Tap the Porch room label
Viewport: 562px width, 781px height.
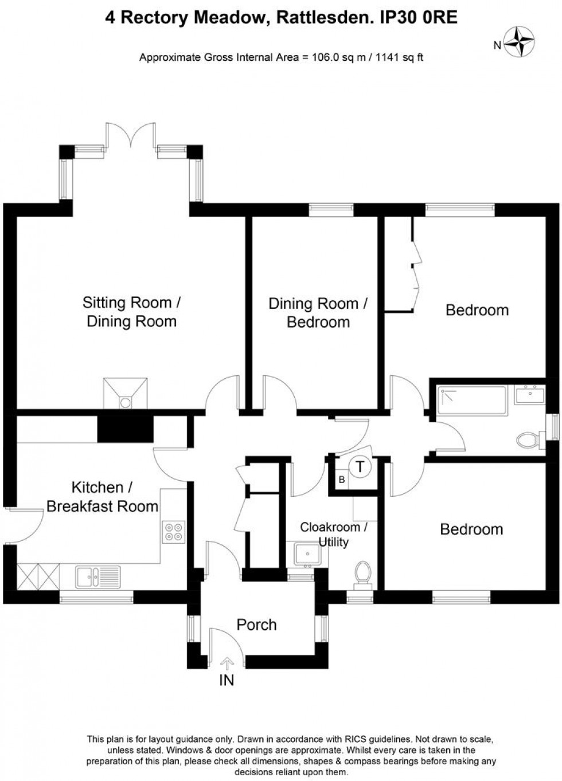(256, 625)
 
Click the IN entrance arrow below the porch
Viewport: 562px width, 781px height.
(227, 665)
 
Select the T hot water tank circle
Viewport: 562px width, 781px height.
(360, 466)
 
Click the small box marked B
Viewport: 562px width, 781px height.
(342, 480)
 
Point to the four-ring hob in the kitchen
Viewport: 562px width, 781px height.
(173, 531)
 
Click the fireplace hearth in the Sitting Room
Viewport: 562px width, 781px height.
(125, 395)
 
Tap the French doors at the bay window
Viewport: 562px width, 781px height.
(130, 135)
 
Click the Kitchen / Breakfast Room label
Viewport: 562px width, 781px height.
(102, 497)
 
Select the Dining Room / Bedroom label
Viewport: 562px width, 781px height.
(318, 312)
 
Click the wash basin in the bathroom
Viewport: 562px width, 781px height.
(529, 394)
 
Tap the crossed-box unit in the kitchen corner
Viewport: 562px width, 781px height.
(38, 575)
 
